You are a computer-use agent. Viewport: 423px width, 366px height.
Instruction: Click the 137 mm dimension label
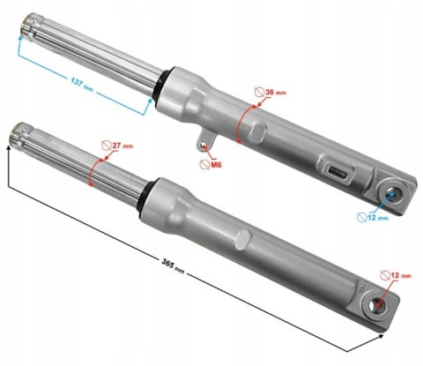tap(81, 84)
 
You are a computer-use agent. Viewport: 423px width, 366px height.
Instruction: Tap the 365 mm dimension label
tap(173, 265)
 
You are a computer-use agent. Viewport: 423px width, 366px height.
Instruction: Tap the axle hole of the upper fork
tap(393, 195)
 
